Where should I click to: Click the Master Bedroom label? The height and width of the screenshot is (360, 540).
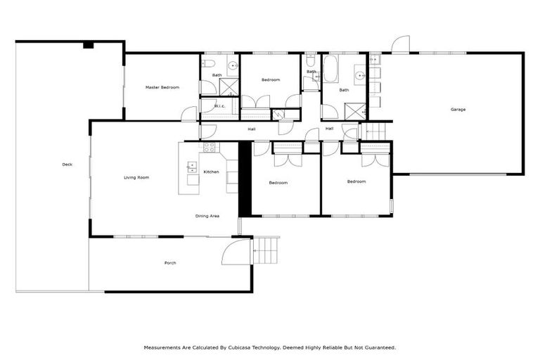coord(162,87)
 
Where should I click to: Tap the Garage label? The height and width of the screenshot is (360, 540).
coord(458,109)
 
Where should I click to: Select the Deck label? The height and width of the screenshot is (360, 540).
coord(67,165)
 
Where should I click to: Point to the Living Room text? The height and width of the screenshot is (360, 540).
coord(136,177)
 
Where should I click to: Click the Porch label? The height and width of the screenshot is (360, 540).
coord(170,263)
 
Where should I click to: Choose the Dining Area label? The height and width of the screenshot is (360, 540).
coord(207,216)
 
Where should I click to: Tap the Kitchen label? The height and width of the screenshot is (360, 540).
coord(212,172)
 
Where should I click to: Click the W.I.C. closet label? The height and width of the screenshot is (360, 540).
coord(219,106)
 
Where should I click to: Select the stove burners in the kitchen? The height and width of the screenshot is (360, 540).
coord(209,148)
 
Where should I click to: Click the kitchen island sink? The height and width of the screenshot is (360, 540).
coord(191,167)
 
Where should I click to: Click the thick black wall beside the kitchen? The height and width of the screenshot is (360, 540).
coord(245,179)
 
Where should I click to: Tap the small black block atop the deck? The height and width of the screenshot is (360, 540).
coord(88,45)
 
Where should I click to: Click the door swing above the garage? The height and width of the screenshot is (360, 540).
coord(400,44)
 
